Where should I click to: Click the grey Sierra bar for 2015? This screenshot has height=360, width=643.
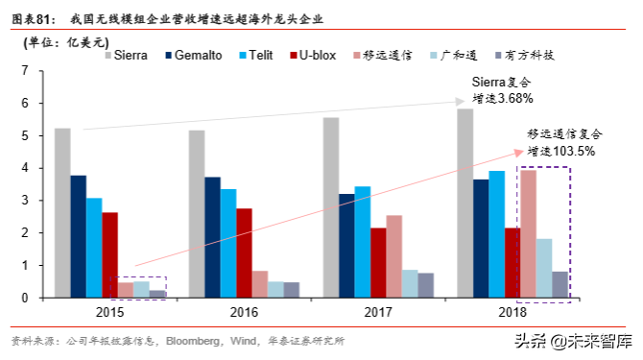click(x=62, y=212)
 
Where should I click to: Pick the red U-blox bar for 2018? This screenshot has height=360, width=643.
click(x=512, y=262)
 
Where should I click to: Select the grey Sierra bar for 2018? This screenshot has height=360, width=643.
click(x=464, y=203)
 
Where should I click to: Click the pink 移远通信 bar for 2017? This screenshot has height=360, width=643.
click(x=393, y=256)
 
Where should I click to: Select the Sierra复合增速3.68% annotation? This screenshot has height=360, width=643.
click(x=502, y=90)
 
